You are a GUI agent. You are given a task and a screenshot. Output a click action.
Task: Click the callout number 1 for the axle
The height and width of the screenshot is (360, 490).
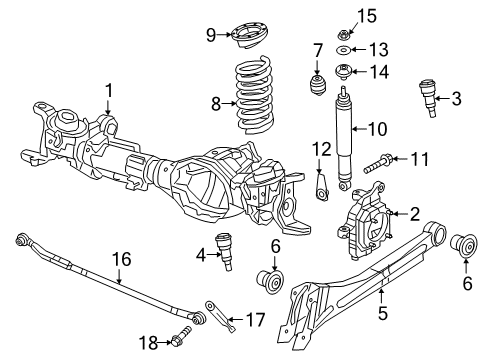tap(108, 91)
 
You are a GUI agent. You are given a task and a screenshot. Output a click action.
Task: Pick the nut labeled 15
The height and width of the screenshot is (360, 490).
tap(343, 14)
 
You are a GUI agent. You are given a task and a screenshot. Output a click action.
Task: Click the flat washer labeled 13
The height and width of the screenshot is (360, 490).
tap(343, 49)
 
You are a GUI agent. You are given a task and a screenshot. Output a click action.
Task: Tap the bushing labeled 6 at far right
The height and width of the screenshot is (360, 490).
tap(464, 244)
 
